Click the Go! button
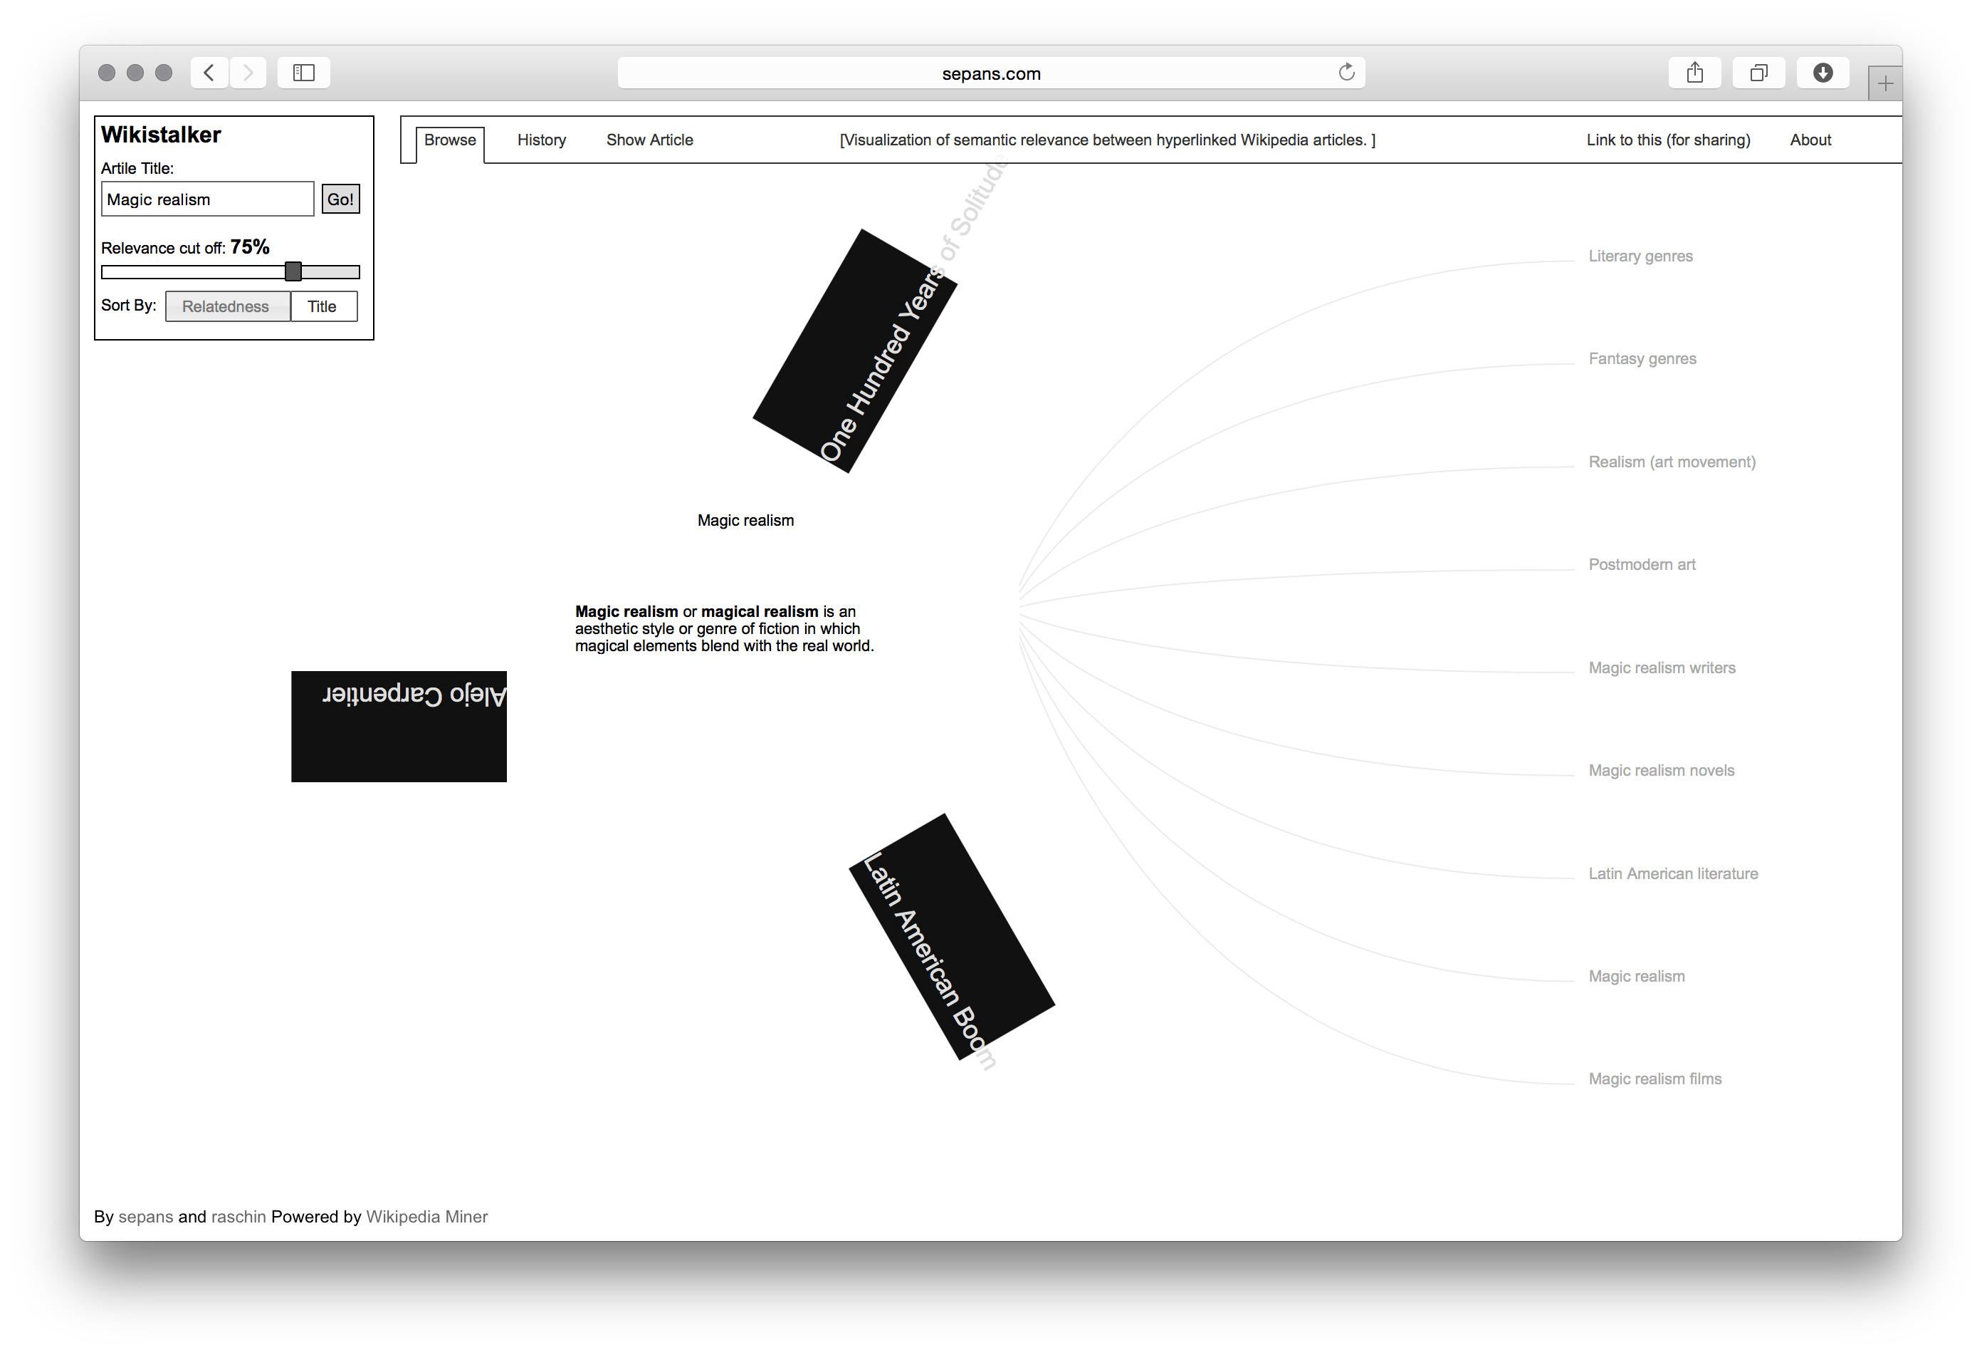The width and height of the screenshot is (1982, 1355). coord(340,199)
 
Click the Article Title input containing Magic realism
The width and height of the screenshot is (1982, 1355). coord(207,199)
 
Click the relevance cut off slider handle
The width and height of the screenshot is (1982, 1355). coord(293,271)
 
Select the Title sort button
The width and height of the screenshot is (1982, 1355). coord(323,306)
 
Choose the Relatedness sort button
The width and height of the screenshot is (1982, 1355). coord(226,306)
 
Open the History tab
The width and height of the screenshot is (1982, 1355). coord(542,140)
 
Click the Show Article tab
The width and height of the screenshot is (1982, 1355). coord(649,140)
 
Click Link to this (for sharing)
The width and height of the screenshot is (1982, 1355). coord(1667,140)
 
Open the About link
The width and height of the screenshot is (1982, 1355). coord(1810,140)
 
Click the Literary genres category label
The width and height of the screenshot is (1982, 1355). coord(1640,256)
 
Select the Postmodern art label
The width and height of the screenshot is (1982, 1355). coord(1641,565)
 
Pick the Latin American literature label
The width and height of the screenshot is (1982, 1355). coord(1672,873)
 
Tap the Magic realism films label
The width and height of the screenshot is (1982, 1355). coord(1655,1079)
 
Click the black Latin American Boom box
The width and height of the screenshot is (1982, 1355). coord(952,937)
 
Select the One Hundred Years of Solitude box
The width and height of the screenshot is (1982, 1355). coord(854,351)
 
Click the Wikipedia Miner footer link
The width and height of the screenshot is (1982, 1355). coord(426,1217)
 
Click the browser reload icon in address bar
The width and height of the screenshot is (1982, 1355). coord(1346,73)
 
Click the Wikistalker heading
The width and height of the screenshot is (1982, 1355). coord(161,135)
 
